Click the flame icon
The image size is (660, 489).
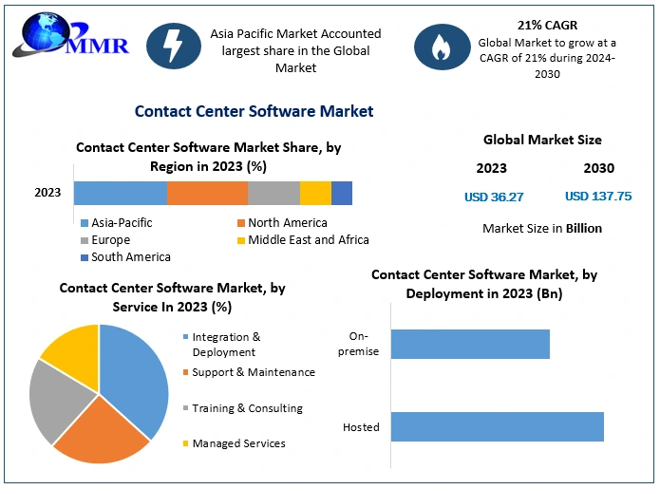440,47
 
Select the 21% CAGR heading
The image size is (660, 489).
547,25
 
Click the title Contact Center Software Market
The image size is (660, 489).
254,111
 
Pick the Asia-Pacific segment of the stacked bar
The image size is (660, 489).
121,193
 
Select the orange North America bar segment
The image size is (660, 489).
207,193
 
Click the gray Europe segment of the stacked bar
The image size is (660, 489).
273,193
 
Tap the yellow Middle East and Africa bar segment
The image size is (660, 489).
315,193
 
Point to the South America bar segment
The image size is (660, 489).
342,193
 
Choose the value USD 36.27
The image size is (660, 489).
494,197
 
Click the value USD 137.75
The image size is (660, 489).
598,197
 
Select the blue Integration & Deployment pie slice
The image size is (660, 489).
138,375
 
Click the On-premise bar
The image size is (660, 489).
470,344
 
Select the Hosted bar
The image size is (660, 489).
497,426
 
